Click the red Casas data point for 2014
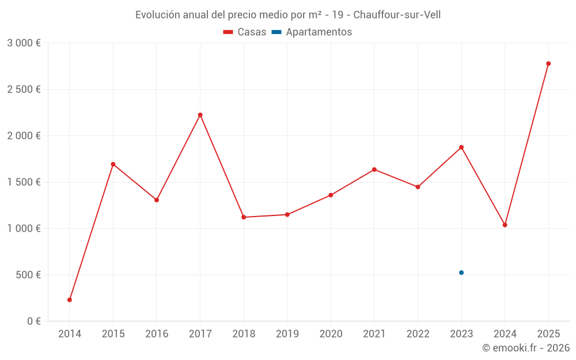click(x=70, y=300)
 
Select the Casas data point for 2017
click(x=200, y=115)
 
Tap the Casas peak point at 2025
click(x=548, y=63)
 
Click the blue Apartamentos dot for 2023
click(x=461, y=272)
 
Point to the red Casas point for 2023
click(x=461, y=147)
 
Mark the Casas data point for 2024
click(x=505, y=225)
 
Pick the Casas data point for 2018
click(x=244, y=217)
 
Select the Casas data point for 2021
click(x=374, y=169)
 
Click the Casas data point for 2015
click(x=113, y=164)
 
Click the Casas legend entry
click(x=245, y=32)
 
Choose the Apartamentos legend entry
click(x=312, y=32)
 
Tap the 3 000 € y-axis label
click(x=24, y=43)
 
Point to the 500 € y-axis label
click(x=27, y=275)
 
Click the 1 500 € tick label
click(x=24, y=182)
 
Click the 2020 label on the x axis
click(x=331, y=334)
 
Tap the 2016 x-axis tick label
click(x=157, y=334)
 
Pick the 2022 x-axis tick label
click(x=418, y=334)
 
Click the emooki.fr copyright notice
click(x=525, y=348)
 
